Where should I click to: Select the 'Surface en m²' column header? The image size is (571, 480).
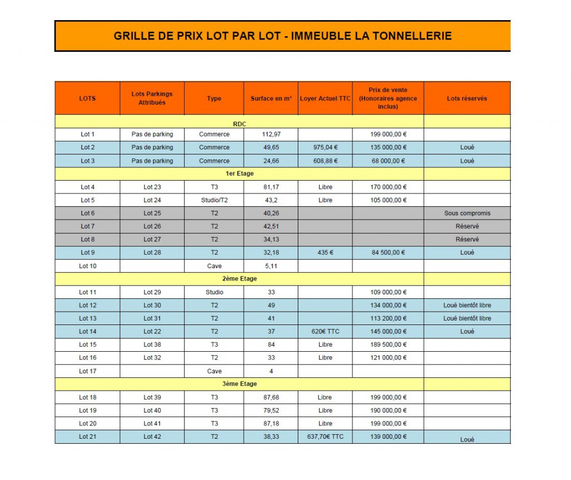(271, 99)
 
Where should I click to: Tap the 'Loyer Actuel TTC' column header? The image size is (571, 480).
(325, 99)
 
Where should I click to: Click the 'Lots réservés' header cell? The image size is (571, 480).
(467, 99)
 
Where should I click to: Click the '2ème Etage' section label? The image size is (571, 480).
(240, 279)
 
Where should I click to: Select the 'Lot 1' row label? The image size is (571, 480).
(88, 134)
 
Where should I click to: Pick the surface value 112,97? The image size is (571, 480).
(271, 134)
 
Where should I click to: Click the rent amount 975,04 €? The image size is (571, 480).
(325, 148)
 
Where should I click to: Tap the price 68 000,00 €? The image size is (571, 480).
(388, 161)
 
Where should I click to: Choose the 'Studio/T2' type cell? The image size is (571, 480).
(214, 200)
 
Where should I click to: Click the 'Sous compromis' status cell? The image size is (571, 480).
(467, 214)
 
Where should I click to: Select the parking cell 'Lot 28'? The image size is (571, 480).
(152, 253)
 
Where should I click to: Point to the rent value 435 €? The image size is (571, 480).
(325, 253)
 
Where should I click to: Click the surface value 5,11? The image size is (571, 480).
(271, 266)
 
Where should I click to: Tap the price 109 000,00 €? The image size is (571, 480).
(388, 292)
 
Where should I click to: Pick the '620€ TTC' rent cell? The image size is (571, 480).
(325, 332)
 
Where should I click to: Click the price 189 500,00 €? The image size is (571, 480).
(388, 345)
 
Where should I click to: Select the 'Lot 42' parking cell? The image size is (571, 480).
(152, 437)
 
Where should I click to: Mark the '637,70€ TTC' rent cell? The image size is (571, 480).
(325, 437)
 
